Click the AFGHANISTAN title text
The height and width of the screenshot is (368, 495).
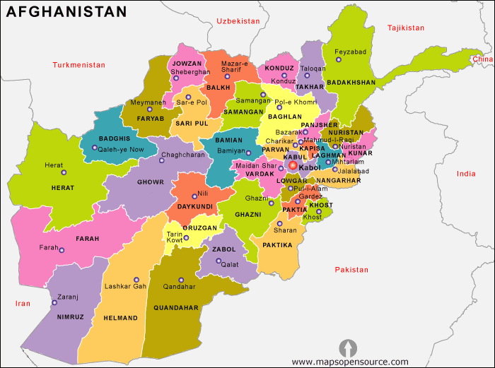[x=67, y=12]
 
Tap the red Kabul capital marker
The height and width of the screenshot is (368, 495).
[x=293, y=165]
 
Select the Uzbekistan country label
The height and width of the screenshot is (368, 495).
[x=238, y=21]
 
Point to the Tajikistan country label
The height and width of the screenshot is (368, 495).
[x=406, y=28]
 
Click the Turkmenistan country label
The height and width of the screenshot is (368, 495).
[x=78, y=65]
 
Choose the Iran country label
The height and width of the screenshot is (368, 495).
[x=23, y=303]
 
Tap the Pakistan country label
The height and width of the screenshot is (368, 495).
[x=352, y=270]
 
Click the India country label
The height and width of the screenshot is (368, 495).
[x=466, y=174]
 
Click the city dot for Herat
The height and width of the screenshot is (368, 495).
[x=63, y=172]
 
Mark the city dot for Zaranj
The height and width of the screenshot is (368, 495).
[x=54, y=303]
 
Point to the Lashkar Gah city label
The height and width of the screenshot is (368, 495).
[x=125, y=287]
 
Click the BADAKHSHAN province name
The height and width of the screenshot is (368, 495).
[x=351, y=83]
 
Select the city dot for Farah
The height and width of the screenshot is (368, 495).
[x=62, y=250]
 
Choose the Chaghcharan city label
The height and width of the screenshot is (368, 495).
[x=182, y=154]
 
